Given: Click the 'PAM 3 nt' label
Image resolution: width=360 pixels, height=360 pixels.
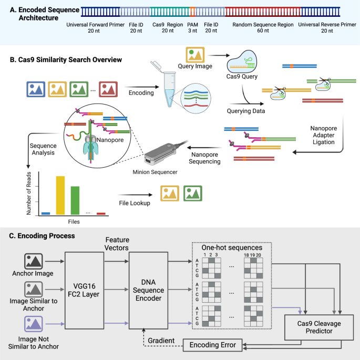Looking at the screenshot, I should point(193,28).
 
